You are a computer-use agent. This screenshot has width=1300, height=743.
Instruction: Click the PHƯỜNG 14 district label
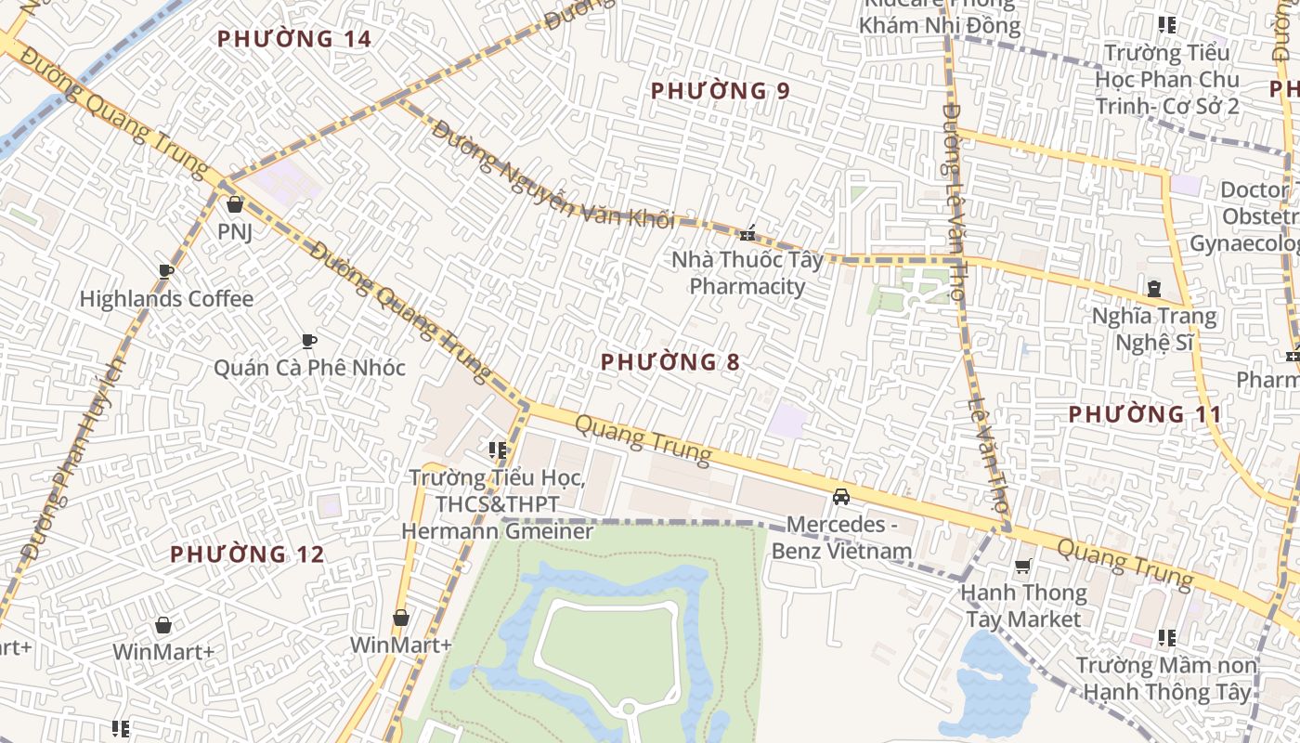[293, 39]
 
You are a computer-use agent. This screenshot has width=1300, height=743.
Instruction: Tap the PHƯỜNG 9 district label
[720, 91]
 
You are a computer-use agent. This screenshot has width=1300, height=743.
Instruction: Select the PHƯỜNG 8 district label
[669, 362]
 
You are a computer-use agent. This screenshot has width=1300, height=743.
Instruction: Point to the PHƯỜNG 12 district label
[247, 554]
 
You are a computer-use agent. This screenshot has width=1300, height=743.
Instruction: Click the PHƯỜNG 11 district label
[1144, 414]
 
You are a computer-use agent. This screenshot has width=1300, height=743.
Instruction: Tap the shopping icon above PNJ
[235, 204]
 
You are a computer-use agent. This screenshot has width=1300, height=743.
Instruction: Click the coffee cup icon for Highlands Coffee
[166, 271]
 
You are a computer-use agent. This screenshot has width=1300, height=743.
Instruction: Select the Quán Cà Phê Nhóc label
[309, 368]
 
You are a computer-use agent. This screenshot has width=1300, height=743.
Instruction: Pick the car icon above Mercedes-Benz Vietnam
[841, 497]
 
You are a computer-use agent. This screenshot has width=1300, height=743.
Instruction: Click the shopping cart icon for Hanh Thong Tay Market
[1023, 566]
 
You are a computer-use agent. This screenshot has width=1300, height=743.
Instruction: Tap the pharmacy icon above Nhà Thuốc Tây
[747, 233]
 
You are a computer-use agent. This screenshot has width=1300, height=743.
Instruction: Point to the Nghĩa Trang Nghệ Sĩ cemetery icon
[1154, 289]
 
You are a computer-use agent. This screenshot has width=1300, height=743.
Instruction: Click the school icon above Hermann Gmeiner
[497, 450]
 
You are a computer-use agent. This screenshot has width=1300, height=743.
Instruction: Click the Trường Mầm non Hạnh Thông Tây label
[1165, 679]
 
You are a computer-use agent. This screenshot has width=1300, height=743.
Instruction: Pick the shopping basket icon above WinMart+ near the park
[401, 618]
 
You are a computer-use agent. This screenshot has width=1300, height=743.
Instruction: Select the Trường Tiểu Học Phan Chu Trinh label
[1166, 79]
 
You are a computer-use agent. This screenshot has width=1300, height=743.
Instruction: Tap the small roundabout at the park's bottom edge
[629, 710]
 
